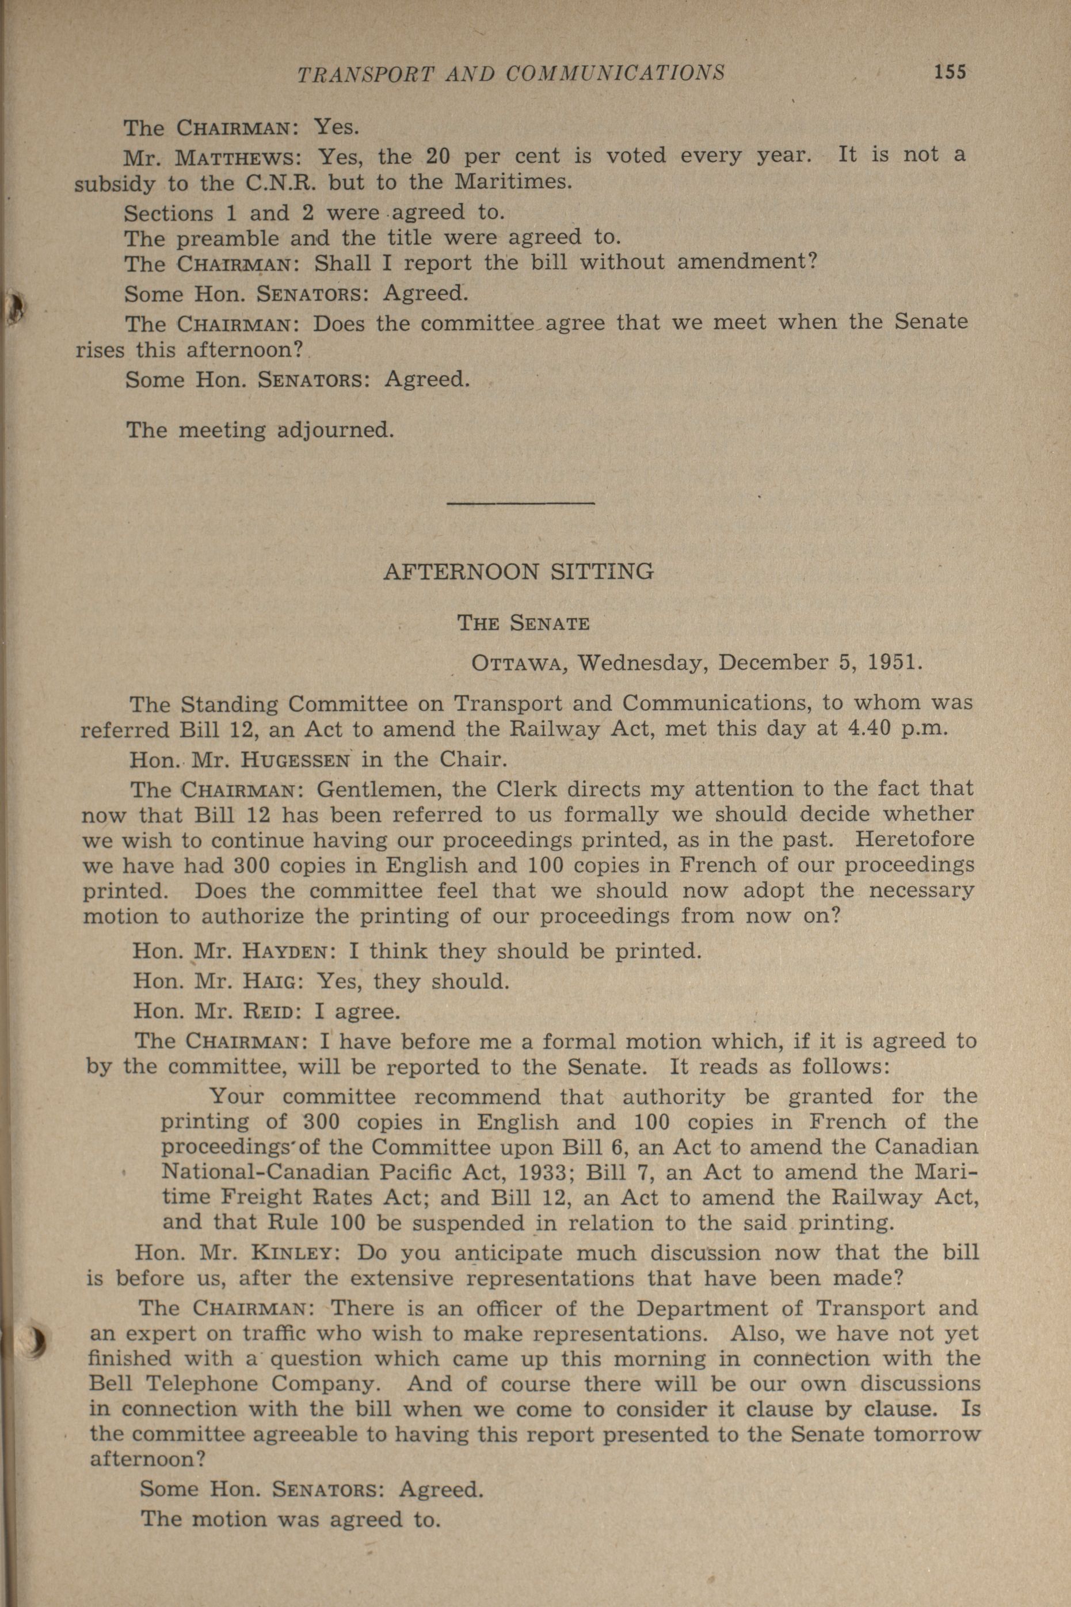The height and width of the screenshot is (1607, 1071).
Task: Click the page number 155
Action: click(x=950, y=72)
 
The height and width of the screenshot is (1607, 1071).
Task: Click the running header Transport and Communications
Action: click(x=510, y=73)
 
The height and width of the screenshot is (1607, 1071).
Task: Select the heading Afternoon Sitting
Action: click(x=519, y=571)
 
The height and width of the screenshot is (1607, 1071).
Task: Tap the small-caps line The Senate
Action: click(x=523, y=623)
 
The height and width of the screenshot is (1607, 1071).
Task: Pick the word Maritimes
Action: click(x=511, y=184)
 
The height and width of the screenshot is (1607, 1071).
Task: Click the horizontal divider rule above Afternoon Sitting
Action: click(x=520, y=504)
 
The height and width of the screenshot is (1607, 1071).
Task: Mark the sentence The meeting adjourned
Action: click(x=260, y=431)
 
